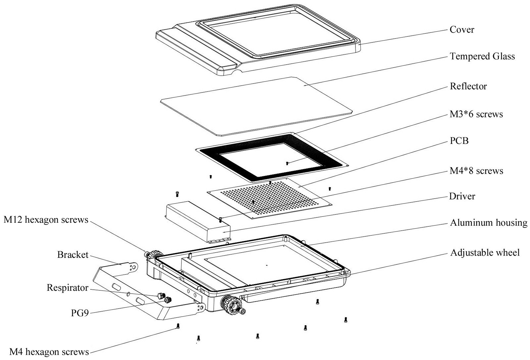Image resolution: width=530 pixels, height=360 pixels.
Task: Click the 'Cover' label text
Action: (x=462, y=30)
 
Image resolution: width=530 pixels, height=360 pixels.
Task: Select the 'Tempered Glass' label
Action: (x=482, y=56)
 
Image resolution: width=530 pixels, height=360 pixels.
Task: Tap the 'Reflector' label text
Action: (x=468, y=87)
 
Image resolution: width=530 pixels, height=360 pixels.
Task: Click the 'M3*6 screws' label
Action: (x=476, y=114)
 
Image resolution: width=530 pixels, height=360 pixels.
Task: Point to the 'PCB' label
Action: (x=459, y=141)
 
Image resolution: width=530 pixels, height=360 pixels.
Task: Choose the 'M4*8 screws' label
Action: (x=476, y=171)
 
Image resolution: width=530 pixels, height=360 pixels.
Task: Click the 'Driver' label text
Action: (x=462, y=196)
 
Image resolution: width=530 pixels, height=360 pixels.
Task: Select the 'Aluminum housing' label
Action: (x=489, y=223)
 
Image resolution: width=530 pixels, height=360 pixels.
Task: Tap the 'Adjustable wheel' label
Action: (x=485, y=253)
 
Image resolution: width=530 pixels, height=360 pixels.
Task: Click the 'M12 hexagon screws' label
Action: (x=46, y=220)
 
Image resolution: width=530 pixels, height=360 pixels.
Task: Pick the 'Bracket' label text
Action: (x=73, y=255)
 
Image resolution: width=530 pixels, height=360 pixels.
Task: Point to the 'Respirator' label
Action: (x=68, y=287)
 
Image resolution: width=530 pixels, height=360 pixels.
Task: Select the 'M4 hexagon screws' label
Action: (x=49, y=351)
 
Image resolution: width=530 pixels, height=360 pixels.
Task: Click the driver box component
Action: (x=198, y=221)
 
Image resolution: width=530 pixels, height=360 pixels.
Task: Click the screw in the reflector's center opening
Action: (x=287, y=163)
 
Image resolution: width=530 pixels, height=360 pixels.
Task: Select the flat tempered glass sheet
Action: (x=255, y=106)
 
